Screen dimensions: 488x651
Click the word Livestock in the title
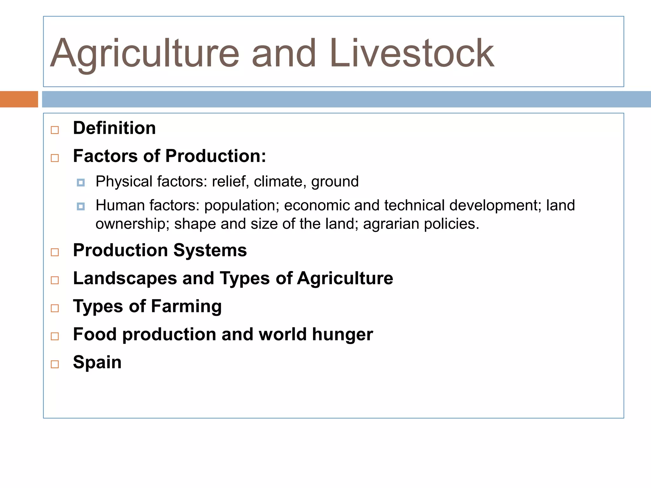412,53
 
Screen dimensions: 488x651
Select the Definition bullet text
114,128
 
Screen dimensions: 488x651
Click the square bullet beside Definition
55,130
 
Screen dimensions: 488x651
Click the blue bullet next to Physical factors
81,183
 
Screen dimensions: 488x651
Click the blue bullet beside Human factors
81,207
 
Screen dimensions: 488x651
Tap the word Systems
210,250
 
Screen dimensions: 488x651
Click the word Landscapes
125,278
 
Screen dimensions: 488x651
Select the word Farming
186,307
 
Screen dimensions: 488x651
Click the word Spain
97,362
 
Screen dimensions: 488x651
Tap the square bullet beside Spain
55,364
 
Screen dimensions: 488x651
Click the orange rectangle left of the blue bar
19,99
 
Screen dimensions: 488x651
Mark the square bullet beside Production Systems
55,252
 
